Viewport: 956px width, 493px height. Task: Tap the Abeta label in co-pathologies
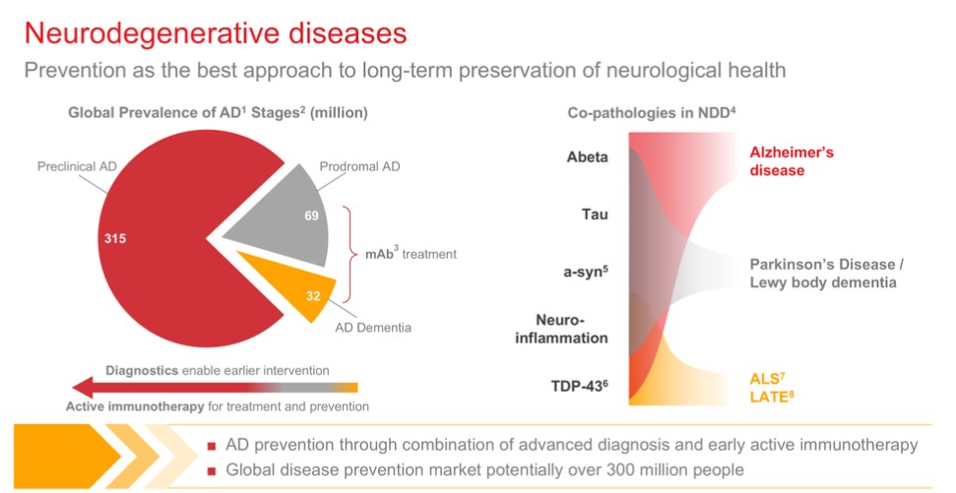[x=588, y=156]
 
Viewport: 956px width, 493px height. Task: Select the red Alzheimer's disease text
[x=791, y=160]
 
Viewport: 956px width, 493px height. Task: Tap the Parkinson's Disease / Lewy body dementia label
[x=822, y=274]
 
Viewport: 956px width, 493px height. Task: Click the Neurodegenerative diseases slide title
[x=216, y=32]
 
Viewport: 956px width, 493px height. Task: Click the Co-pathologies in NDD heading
[x=651, y=113]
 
